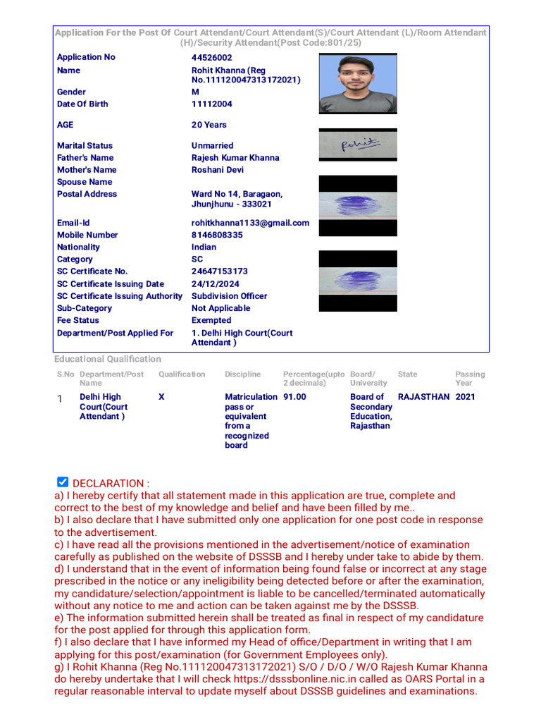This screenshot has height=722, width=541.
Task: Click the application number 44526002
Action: click(x=211, y=58)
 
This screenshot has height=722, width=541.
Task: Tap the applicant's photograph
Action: click(x=357, y=84)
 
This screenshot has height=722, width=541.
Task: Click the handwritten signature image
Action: click(x=357, y=145)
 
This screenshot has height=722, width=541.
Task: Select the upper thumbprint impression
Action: click(x=357, y=205)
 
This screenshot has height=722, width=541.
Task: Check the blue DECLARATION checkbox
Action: click(x=63, y=482)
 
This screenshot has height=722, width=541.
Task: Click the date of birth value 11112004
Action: click(x=211, y=104)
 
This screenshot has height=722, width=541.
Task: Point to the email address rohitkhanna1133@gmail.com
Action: click(x=250, y=223)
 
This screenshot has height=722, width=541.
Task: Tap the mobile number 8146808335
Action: click(x=217, y=235)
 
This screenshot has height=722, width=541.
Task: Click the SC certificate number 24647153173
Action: click(x=219, y=271)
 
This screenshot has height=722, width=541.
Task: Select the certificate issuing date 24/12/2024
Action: click(x=215, y=284)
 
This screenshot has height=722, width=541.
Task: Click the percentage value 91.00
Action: click(x=294, y=397)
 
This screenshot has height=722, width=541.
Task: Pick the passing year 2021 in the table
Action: click(x=465, y=397)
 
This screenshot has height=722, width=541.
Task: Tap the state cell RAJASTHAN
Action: click(x=423, y=397)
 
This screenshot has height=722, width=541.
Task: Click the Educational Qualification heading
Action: click(x=108, y=359)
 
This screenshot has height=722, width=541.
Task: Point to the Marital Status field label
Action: click(x=85, y=146)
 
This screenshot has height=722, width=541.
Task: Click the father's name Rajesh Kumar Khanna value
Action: click(x=235, y=158)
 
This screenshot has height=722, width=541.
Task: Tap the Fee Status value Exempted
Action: click(x=211, y=321)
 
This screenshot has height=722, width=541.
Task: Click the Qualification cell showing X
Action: click(x=161, y=397)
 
